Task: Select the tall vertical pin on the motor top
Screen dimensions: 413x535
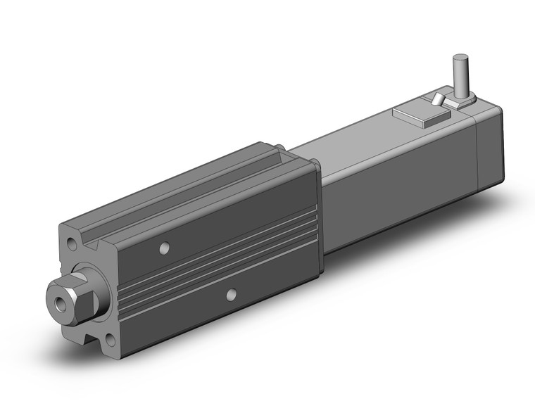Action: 462,77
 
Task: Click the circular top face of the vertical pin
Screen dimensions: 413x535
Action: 462,58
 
